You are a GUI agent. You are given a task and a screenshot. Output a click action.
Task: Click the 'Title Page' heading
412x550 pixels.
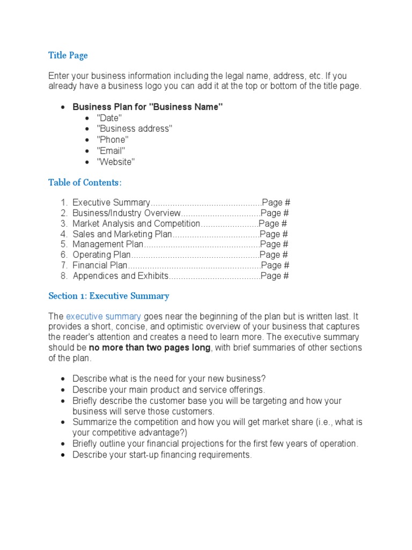click(68, 55)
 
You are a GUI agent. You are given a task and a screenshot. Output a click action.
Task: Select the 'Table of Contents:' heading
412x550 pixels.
click(85, 183)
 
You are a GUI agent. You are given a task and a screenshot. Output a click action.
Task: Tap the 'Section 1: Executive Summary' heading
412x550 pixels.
click(108, 296)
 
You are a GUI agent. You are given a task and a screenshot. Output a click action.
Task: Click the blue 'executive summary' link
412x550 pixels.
click(104, 316)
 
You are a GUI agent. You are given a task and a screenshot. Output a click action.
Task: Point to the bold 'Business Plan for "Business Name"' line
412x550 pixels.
click(148, 107)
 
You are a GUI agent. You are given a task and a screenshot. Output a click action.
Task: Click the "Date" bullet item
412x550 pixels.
click(109, 118)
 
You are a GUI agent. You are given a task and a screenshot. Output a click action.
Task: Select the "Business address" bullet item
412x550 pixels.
click(134, 129)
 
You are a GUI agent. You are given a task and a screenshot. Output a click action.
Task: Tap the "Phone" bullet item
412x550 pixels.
click(113, 140)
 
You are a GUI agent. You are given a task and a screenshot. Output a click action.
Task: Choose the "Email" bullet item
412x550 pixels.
click(111, 151)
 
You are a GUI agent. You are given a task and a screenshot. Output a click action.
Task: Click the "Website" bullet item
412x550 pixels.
click(116, 162)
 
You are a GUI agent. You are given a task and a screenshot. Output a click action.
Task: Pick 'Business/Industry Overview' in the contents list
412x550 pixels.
click(127, 213)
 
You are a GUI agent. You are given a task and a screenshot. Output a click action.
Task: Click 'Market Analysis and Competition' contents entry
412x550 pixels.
click(136, 223)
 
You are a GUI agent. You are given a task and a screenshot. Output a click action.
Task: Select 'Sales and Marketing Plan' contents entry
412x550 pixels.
click(123, 234)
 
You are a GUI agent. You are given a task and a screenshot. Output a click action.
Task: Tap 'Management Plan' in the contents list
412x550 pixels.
click(108, 244)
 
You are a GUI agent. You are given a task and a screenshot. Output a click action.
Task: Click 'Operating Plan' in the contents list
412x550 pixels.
click(101, 255)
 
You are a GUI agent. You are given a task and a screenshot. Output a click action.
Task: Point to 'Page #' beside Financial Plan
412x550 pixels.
click(275, 265)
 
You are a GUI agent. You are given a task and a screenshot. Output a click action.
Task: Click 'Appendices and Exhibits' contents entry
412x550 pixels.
click(121, 276)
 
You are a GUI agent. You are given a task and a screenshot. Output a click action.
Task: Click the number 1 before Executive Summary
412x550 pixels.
click(63, 202)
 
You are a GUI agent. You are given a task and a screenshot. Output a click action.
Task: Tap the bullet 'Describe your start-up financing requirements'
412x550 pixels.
click(162, 454)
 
